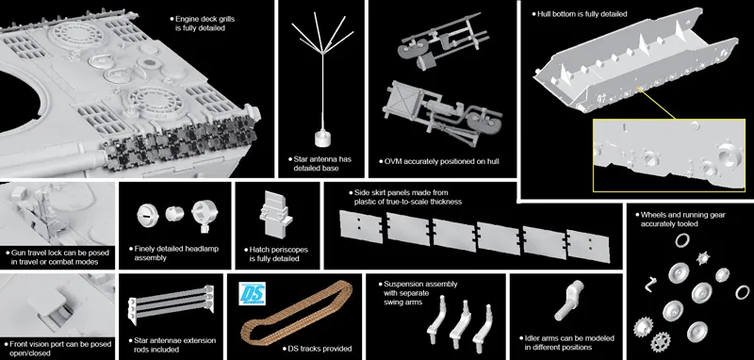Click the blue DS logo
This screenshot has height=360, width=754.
252,293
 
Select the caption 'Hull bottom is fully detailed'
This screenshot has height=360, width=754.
580,14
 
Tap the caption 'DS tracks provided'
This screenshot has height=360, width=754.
317,349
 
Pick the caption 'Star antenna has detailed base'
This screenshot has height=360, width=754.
320,163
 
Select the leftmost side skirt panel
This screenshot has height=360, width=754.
361,225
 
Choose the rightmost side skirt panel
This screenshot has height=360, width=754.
588,246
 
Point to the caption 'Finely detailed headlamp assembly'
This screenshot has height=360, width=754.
173,254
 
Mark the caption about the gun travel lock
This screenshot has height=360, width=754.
57,257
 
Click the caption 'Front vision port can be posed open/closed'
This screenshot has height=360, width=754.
57,349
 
